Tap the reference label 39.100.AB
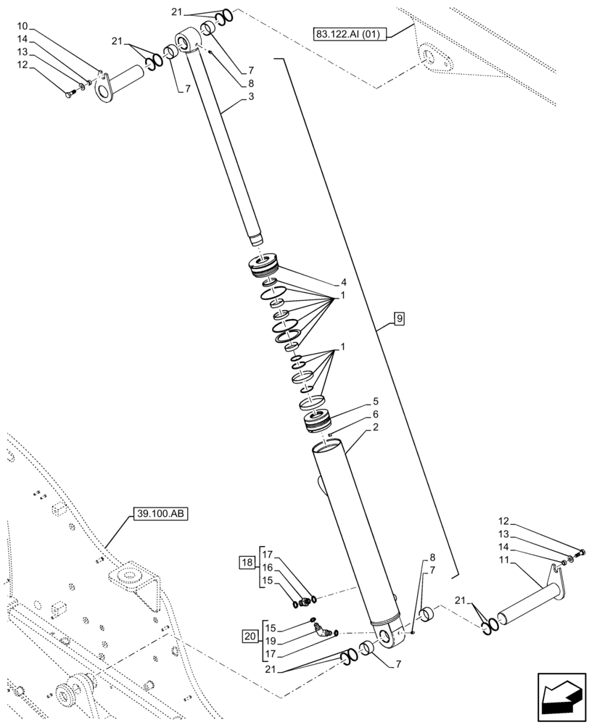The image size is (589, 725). [x=160, y=514]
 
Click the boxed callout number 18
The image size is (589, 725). [x=247, y=562]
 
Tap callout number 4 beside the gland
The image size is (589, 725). [x=344, y=282]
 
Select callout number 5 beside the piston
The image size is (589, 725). [x=376, y=401]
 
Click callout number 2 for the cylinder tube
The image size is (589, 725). [x=376, y=427]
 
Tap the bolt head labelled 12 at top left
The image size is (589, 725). [x=69, y=95]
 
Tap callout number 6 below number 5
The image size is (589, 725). [x=376, y=414]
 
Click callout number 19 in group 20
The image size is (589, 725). [x=270, y=642]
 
